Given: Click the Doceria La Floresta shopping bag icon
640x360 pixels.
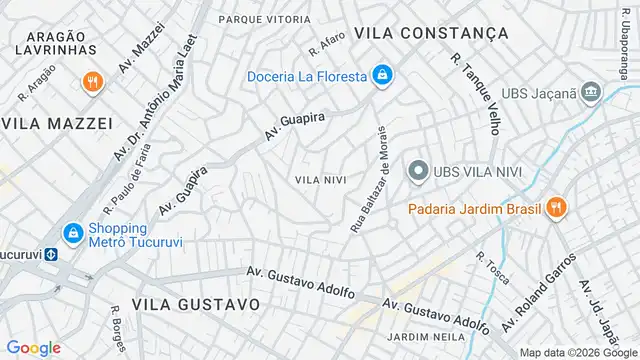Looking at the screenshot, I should coord(382,75).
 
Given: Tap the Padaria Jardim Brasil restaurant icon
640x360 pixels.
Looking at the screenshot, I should coord(556,208).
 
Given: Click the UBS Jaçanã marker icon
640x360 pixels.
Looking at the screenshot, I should coord(592,92).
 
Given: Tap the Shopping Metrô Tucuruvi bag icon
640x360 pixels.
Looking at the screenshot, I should coord(72,233).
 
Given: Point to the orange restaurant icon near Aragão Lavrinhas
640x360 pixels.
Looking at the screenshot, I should coord(92,82).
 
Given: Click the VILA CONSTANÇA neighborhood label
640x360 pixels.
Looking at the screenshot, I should coord(439,33).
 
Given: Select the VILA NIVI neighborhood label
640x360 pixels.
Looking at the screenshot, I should coord(321,180).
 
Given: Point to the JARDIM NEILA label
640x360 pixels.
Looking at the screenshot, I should coord(427,337).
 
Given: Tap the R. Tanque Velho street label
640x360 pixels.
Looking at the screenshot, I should coord(476,93).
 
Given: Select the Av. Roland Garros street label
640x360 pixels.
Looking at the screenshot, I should coord(538,297).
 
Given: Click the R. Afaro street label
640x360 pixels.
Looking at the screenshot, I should coord(328,44).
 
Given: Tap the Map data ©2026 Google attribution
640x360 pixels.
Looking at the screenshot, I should coord(577,352).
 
